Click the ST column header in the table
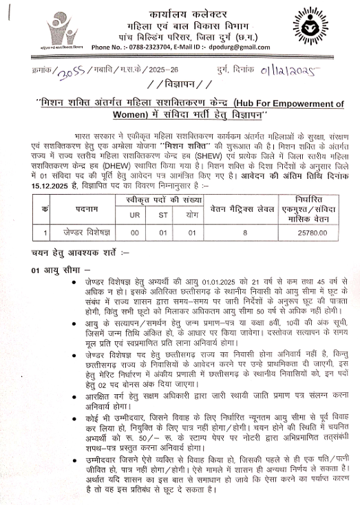163,215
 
